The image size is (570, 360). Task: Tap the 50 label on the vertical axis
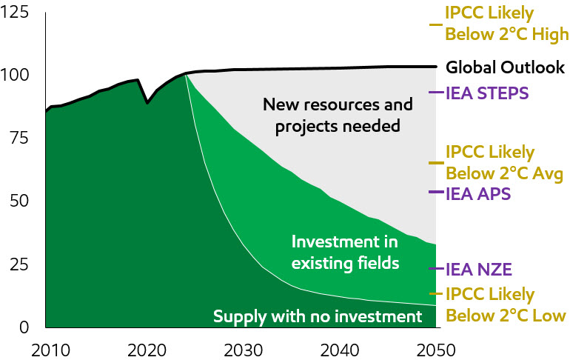[19, 201]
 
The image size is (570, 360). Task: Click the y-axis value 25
[19, 264]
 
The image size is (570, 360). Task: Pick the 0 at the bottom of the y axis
[25, 327]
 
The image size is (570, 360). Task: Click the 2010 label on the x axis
[46, 349]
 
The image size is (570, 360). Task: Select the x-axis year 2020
[147, 349]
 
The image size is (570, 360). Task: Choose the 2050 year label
[435, 349]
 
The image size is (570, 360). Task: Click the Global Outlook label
[505, 67]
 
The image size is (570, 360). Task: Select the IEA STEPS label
[487, 93]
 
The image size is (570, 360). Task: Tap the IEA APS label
[478, 194]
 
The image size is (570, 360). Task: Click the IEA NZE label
[479, 269]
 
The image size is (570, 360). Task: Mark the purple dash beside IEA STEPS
[436, 93]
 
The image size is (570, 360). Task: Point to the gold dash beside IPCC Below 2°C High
[436, 24]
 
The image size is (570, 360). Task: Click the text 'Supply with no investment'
[317, 317]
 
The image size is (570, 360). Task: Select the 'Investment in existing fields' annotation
[345, 253]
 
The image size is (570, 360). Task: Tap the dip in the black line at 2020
[147, 102]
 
